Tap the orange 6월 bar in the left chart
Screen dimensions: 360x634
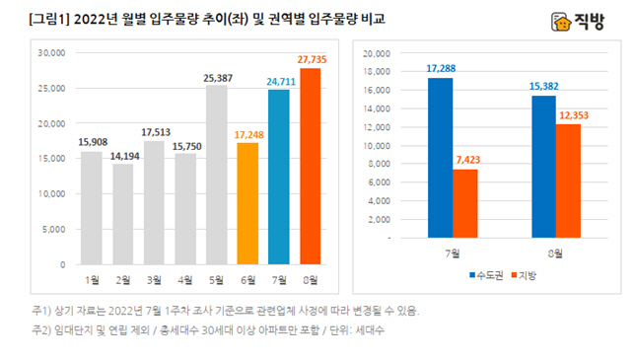coord(247,203)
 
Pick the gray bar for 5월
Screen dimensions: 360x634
coord(216,175)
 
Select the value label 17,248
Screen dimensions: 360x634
coord(247,133)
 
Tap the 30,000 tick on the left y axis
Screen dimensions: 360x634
coord(50,53)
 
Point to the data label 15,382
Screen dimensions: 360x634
coord(546,87)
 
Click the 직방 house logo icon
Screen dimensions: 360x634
coord(561,20)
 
